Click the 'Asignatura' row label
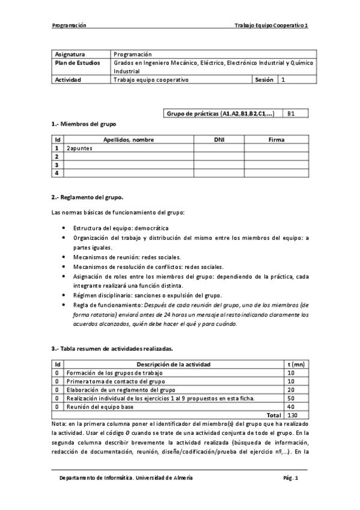70,54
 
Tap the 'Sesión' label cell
264,79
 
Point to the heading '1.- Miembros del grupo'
84,123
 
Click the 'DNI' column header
219,140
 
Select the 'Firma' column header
276,140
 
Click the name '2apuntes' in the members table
80,147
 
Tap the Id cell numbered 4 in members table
57,173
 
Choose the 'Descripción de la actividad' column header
173,364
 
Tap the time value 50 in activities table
291,398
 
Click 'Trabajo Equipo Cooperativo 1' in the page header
271,26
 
